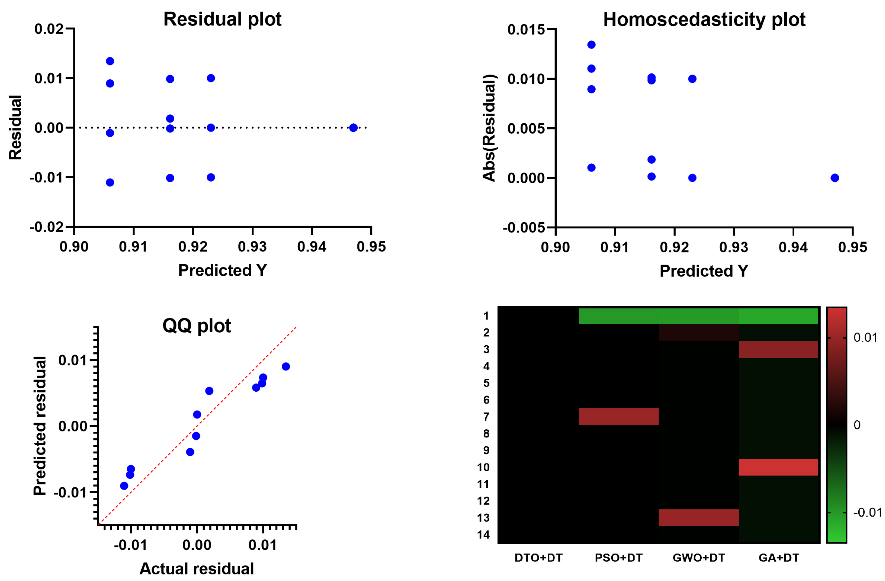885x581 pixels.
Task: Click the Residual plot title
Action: [222, 19]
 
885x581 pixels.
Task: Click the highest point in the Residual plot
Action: [110, 61]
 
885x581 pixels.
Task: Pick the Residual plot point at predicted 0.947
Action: [353, 128]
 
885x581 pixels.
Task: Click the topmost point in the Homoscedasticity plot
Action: [591, 45]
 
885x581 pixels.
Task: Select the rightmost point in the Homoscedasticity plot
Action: [835, 178]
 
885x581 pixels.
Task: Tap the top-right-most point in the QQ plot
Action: [286, 366]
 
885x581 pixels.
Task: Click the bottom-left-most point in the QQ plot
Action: [124, 486]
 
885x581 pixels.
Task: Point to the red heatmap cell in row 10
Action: [778, 467]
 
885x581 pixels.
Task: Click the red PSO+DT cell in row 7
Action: [618, 416]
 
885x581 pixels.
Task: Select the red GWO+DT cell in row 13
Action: [698, 517]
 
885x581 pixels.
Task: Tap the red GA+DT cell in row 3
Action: [778, 349]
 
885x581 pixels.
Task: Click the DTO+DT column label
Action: [538, 558]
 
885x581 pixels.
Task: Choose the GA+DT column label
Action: [779, 558]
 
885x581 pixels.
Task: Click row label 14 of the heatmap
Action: [484, 535]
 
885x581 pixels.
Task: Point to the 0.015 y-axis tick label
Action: [526, 30]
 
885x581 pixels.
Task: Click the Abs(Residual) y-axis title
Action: [489, 128]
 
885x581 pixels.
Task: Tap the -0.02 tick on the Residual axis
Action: [47, 227]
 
